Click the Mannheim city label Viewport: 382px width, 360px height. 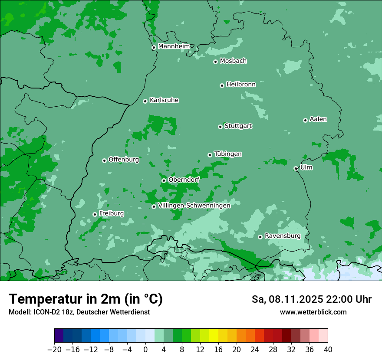point(174,46)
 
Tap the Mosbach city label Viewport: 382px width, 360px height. point(233,61)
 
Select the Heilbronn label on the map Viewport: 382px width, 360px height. point(241,85)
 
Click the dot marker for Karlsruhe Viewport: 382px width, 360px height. point(145,101)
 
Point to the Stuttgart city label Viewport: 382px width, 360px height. point(238,126)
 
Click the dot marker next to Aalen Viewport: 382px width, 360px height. point(305,120)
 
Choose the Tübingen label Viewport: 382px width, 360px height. point(228,154)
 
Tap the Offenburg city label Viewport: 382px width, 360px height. point(124,160)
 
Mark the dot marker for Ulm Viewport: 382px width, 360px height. point(296,168)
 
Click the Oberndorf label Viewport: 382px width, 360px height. point(184,180)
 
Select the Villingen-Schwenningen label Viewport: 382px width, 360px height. point(194,206)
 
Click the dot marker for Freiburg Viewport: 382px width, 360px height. point(95,214)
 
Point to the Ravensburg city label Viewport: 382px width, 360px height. point(283,236)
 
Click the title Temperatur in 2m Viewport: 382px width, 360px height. point(86,299)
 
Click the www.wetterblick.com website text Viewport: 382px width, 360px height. point(313,312)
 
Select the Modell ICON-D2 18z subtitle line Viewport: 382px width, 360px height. point(79,312)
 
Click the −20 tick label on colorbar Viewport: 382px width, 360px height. point(54,350)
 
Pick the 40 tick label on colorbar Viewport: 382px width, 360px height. point(328,350)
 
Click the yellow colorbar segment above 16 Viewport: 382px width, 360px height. point(214,336)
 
